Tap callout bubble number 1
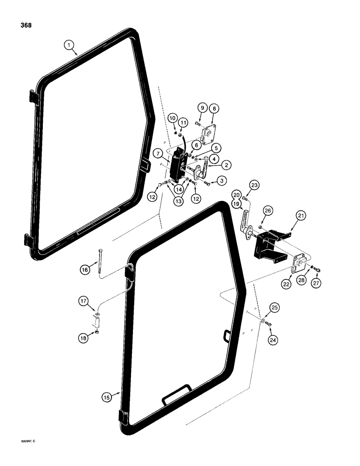(69, 45)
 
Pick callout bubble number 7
(159, 153)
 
